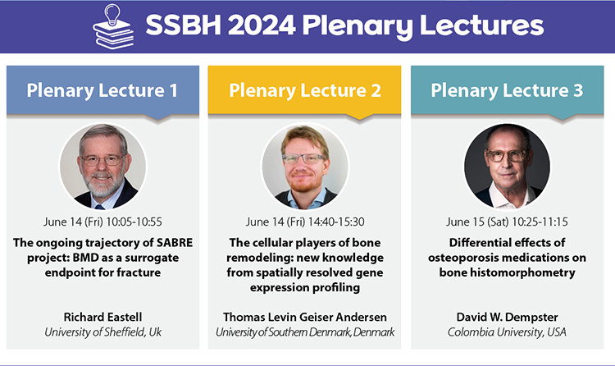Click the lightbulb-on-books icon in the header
pyautogui.click(x=113, y=26)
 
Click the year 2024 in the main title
pyautogui.click(x=262, y=25)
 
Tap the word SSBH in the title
pyautogui.click(x=184, y=25)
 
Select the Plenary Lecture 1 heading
pyautogui.click(x=102, y=90)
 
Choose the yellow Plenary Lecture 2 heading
pyautogui.click(x=305, y=90)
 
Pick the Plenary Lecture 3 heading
pyautogui.click(x=507, y=90)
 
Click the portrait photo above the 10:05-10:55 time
pyautogui.click(x=102, y=166)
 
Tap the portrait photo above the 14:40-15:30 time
pyautogui.click(x=305, y=166)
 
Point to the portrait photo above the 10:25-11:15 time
pyautogui.click(x=507, y=166)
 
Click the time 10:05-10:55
pyautogui.click(x=134, y=222)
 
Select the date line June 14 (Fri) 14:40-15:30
pyautogui.click(x=305, y=222)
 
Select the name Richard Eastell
pyautogui.click(x=102, y=317)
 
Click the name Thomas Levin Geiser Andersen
pyautogui.click(x=305, y=317)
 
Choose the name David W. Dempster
pyautogui.click(x=507, y=317)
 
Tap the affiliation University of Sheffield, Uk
pyautogui.click(x=102, y=332)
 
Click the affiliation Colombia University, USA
pyautogui.click(x=507, y=332)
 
